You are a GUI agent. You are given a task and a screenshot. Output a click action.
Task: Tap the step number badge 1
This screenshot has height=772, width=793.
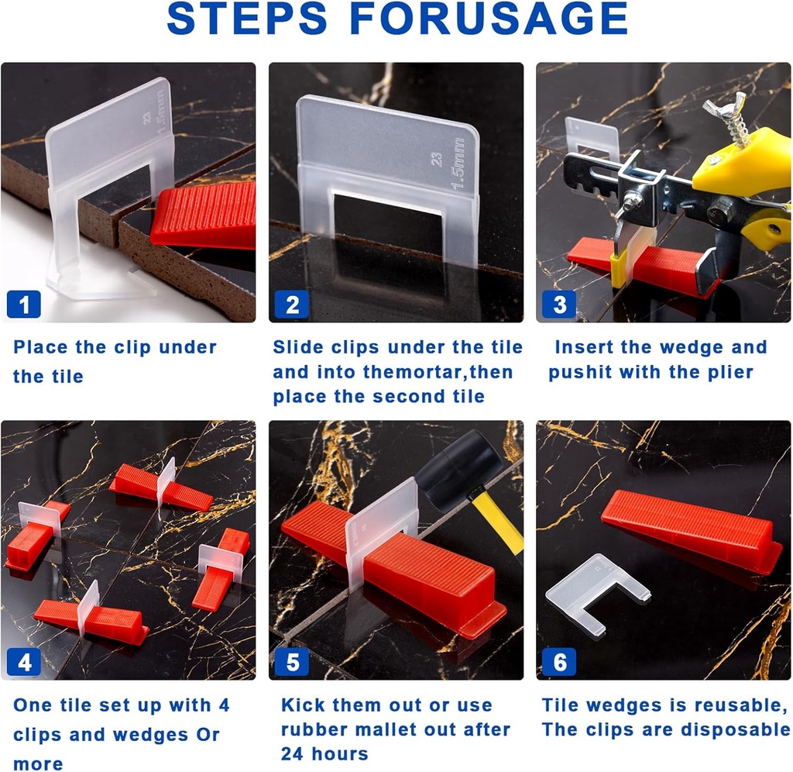tap(23, 305)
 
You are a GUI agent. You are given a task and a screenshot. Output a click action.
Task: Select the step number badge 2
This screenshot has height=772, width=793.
tap(292, 305)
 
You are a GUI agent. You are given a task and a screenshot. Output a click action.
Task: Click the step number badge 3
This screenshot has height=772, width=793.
tap(559, 305)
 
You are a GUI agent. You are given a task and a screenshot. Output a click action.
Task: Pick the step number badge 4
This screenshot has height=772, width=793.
tap(24, 663)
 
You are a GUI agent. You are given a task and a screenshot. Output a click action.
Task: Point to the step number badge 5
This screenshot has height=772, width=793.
tap(292, 663)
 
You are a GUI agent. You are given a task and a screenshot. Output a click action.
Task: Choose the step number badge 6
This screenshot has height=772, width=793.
tap(559, 663)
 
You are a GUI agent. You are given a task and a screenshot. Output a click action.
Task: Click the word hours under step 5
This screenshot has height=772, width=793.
tap(340, 754)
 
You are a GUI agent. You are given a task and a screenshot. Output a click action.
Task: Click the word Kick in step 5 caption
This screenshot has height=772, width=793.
tap(302, 705)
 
